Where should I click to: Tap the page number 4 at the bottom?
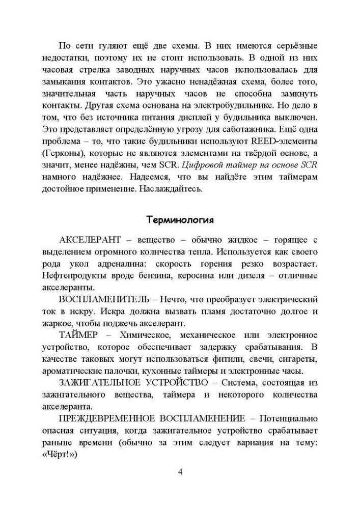(180, 471)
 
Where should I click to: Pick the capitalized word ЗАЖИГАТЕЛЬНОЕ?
(96, 382)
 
